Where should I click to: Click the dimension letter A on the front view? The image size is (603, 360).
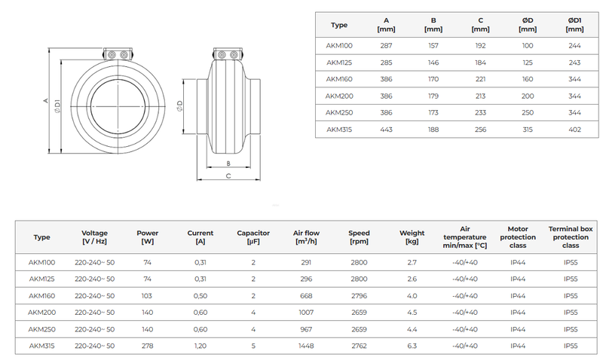[46, 100]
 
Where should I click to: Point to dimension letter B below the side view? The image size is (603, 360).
[228, 163]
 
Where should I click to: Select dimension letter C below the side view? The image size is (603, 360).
[228, 176]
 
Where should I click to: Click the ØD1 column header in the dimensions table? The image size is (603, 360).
[574, 25]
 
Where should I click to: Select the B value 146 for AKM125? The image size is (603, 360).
[433, 62]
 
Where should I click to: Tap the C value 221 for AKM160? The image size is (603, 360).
[480, 78]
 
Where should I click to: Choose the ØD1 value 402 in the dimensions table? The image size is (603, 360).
[574, 129]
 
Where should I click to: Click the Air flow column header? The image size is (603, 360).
[305, 237]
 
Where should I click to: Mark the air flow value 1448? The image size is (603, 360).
[305, 346]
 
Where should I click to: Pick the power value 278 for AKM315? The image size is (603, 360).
[148, 346]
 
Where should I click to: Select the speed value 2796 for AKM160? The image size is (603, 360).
[360, 295]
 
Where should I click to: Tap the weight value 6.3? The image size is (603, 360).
[412, 346]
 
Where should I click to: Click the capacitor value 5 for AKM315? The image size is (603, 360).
[253, 346]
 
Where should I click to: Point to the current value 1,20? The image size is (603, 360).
[200, 346]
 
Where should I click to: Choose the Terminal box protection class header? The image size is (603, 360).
[571, 236]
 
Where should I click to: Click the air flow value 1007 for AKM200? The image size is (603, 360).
[305, 312]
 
